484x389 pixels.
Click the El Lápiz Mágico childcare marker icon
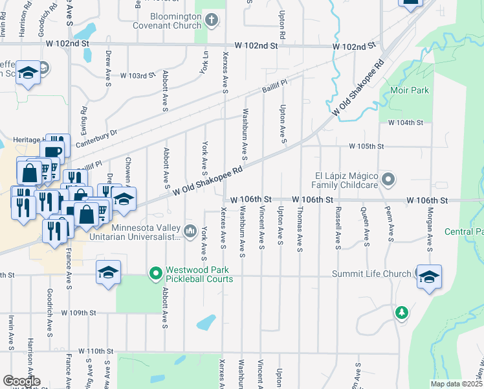pyautogui.click(x=388, y=178)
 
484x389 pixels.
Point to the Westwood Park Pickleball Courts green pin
pyautogui.click(x=155, y=274)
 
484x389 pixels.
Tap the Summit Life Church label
pyautogui.click(x=371, y=274)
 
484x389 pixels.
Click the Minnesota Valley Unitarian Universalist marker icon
pyautogui.click(x=190, y=230)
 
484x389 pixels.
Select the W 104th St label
pyautogui.click(x=405, y=123)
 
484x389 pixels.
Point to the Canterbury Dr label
pyautogui.click(x=96, y=137)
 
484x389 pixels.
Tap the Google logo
pyautogui.click(x=21, y=381)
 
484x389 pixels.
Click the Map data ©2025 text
pyautogui.click(x=456, y=384)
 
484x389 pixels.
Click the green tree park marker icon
pyautogui.click(x=402, y=313)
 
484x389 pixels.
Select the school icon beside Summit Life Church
pyautogui.click(x=429, y=277)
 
